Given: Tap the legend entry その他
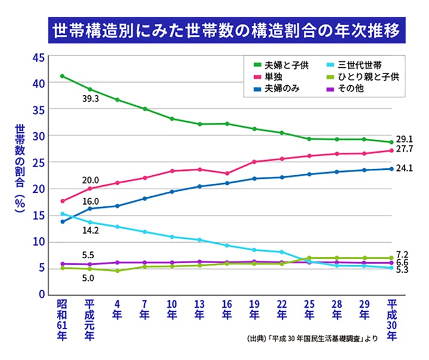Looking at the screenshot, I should click(x=351, y=89).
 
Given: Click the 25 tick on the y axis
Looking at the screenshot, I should click(x=38, y=162).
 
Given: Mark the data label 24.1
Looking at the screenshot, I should click(x=405, y=168).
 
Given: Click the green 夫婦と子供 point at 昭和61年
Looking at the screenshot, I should click(x=62, y=76).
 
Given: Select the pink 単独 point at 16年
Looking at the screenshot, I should click(x=227, y=174).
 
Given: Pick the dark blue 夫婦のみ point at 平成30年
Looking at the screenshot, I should click(x=392, y=169).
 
